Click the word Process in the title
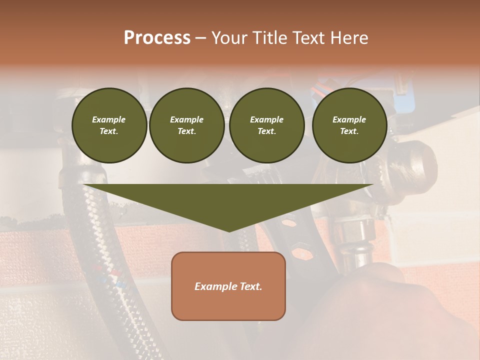click(x=157, y=38)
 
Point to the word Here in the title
click(x=349, y=38)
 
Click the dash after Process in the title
click(x=200, y=39)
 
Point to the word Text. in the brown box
click(x=251, y=286)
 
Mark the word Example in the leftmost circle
click(x=109, y=119)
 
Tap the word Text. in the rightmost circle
click(x=349, y=131)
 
